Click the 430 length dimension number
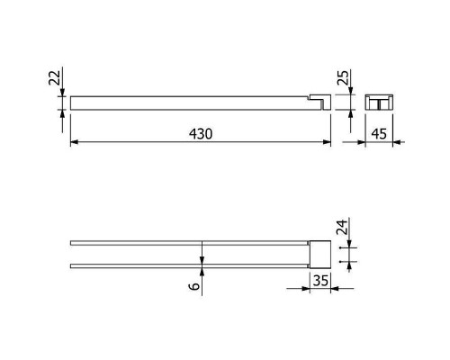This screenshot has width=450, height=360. (201, 133)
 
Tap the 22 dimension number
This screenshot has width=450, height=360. (55, 77)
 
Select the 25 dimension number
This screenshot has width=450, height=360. (344, 77)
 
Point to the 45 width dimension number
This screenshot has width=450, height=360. (379, 133)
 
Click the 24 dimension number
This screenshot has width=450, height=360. (342, 227)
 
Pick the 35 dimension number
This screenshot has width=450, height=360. (320, 281)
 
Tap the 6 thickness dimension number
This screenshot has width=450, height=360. (194, 286)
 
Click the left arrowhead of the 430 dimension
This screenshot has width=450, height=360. (75, 142)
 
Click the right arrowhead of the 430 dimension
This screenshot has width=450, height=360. (327, 142)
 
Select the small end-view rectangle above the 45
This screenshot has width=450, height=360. (379, 102)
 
